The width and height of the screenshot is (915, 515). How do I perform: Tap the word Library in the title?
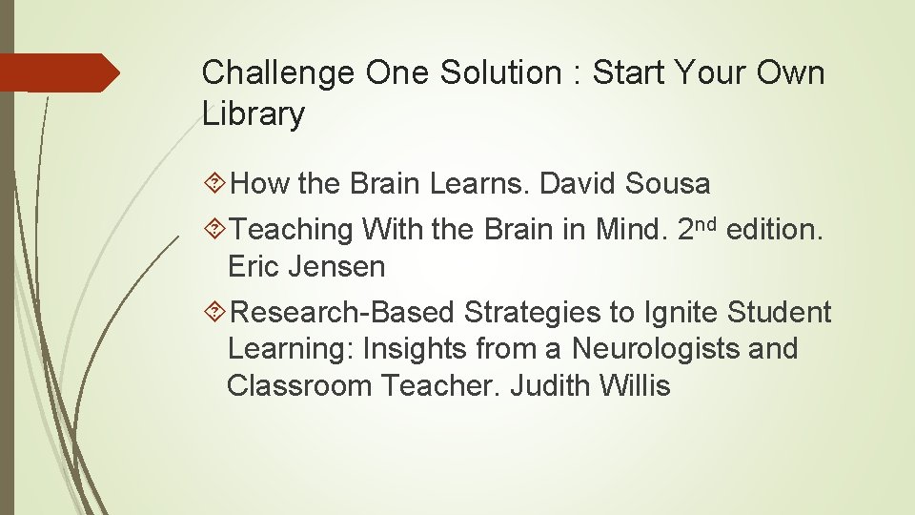(x=254, y=114)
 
